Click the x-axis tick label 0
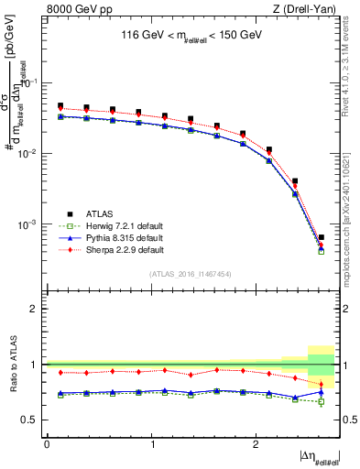coord(47,443)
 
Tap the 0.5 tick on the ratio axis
coord(33,420)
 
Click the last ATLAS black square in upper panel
coord(321,237)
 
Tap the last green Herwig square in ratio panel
coord(321,401)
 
